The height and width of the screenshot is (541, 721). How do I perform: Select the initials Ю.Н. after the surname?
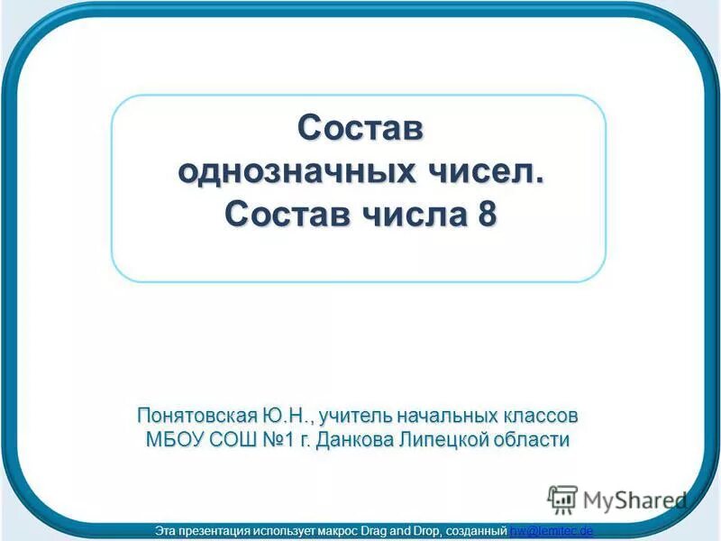pos(286,416)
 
